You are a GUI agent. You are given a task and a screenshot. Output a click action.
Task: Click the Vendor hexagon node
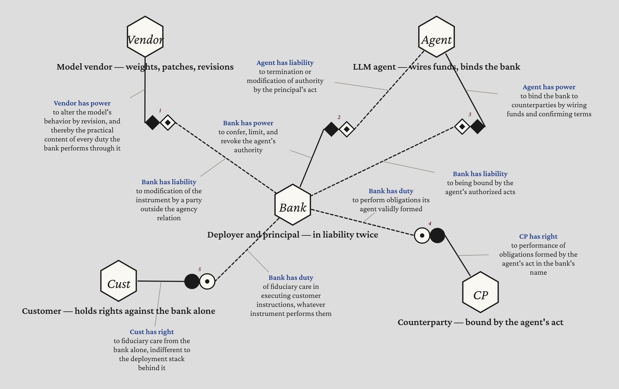(145, 37)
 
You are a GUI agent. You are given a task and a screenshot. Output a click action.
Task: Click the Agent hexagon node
(436, 37)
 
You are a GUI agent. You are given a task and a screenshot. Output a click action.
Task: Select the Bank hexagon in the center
(293, 205)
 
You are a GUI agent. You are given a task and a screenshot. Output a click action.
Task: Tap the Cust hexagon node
(119, 281)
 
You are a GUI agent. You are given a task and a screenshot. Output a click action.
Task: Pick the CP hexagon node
(480, 292)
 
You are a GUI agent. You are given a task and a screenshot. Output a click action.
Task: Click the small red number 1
(160, 110)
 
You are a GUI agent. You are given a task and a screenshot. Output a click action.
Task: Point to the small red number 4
(430, 223)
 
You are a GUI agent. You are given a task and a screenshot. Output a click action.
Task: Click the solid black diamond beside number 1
(153, 122)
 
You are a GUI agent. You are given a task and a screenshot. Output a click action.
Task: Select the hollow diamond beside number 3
(462, 126)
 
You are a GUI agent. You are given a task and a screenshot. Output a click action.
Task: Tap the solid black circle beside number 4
(437, 235)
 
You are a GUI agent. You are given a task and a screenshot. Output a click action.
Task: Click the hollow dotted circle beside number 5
(207, 281)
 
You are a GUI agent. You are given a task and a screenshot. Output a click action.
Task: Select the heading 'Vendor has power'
(82, 103)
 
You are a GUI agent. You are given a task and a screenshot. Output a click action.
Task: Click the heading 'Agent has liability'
(285, 63)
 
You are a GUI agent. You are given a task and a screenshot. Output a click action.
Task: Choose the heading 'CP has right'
(538, 237)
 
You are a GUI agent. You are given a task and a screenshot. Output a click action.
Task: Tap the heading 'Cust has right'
(152, 332)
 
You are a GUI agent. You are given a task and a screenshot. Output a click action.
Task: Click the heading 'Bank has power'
(248, 123)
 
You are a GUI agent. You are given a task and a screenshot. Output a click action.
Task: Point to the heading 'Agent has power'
(549, 87)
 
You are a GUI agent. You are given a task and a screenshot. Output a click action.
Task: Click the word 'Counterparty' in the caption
(425, 322)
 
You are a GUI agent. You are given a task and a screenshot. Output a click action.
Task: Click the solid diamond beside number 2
(331, 129)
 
